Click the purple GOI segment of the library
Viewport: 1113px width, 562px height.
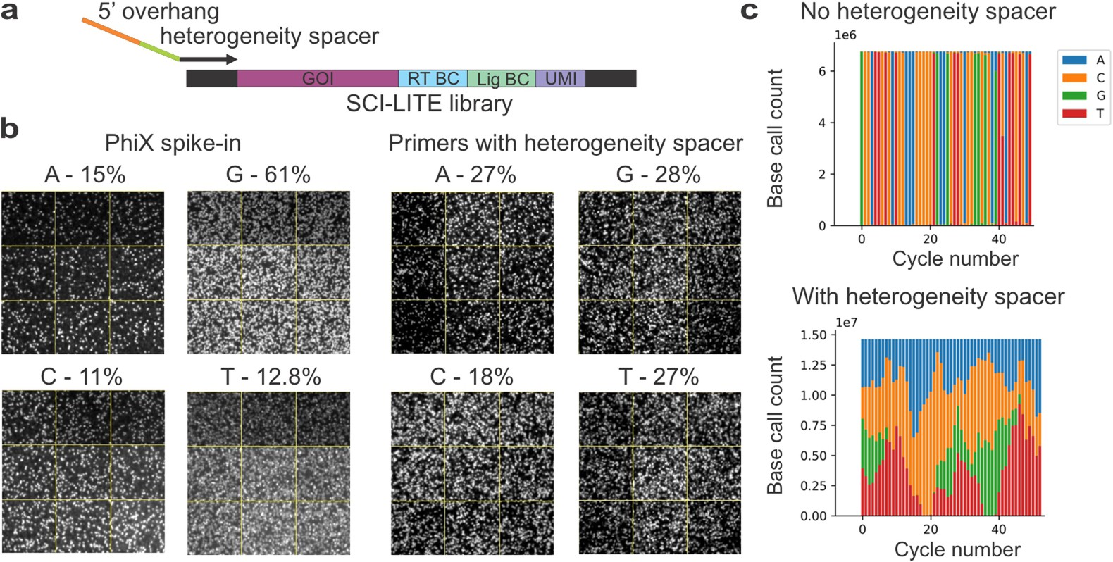317,78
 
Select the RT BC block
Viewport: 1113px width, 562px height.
433,78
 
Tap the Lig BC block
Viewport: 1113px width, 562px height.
502,79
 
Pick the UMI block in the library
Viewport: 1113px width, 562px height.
560,78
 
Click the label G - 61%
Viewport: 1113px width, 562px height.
268,175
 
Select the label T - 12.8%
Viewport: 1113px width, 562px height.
271,377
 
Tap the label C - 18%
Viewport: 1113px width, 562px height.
471,377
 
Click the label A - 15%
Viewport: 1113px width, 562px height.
85,175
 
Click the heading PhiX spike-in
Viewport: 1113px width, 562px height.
173,143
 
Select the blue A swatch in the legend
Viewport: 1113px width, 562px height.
1074,61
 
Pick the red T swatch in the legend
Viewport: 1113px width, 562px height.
1074,113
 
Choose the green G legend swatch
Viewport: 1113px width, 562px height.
1074,96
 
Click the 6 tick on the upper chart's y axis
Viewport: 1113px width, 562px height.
821,71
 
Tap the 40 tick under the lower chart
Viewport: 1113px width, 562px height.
999,529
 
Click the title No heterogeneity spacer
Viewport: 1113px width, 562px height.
928,12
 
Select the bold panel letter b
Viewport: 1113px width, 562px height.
10,129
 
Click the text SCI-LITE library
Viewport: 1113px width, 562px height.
429,104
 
